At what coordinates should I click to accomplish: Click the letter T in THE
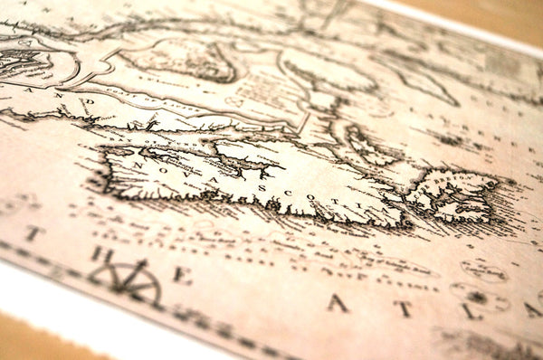(x=33, y=233)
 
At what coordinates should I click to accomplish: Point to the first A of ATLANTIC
(x=338, y=303)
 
